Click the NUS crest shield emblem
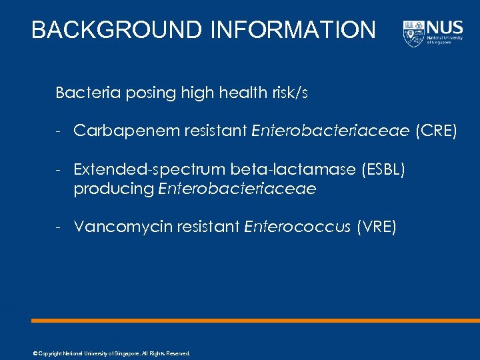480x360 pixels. pyautogui.click(x=413, y=33)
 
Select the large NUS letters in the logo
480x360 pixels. pyautogui.click(x=445, y=28)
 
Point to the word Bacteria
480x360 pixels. pyautogui.click(x=81, y=93)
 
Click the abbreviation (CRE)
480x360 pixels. pyautogui.click(x=436, y=131)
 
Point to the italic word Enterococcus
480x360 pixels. pyautogui.click(x=297, y=227)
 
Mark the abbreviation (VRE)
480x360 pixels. pyautogui.click(x=377, y=227)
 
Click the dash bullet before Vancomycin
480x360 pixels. pyautogui.click(x=59, y=227)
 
